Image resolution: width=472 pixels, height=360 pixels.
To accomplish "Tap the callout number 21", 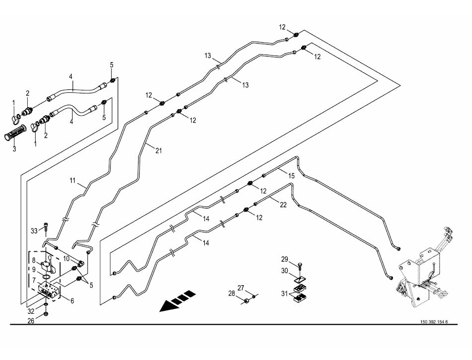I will [158, 150].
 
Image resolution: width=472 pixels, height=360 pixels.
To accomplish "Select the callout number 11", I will [73, 182].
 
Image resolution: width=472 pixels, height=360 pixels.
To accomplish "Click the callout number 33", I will [34, 230].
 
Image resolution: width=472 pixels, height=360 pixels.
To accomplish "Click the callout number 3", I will [14, 148].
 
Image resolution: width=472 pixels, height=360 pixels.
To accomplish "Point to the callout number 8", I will [34, 260].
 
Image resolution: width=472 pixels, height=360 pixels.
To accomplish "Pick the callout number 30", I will [284, 271].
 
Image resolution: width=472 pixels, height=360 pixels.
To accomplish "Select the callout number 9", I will [34, 270].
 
